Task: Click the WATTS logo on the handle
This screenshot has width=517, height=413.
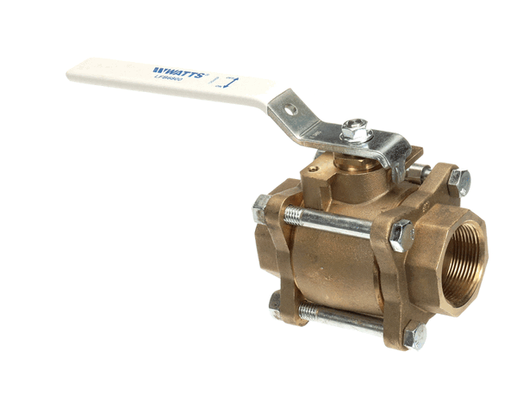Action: point(178,72)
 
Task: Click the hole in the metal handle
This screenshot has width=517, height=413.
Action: point(291,109)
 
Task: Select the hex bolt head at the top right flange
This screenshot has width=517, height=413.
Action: point(460,182)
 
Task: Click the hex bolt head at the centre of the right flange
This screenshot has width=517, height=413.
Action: point(402,236)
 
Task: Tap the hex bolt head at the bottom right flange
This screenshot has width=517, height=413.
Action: point(415,336)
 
